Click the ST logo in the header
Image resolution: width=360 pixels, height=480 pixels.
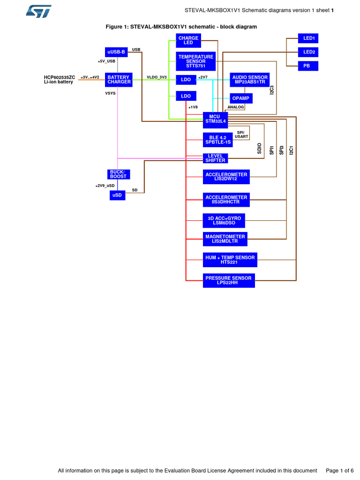point(38,12)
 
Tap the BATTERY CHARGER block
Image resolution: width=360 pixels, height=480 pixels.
point(119,80)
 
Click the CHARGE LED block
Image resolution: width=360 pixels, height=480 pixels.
point(188,40)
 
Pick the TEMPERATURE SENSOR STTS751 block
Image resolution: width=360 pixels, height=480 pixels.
point(196,61)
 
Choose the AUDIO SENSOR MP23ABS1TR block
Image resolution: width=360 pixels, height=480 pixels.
point(250,80)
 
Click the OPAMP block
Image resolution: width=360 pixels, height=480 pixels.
point(241,98)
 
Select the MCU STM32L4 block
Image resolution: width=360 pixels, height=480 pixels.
point(215,119)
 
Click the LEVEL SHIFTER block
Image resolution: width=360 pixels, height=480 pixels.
point(215,158)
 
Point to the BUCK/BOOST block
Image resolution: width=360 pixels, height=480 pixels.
point(119,174)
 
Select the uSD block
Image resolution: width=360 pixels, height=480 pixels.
point(118,195)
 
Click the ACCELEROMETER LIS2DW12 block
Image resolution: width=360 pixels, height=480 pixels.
point(226,177)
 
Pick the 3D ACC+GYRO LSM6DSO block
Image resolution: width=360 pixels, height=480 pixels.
point(224,220)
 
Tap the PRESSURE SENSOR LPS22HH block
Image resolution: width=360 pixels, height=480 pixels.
point(229,280)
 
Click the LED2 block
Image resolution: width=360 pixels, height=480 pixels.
point(309,52)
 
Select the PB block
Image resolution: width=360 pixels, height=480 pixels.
point(307,66)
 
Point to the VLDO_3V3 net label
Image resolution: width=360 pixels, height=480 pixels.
point(157,77)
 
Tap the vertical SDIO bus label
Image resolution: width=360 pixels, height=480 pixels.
point(260,149)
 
